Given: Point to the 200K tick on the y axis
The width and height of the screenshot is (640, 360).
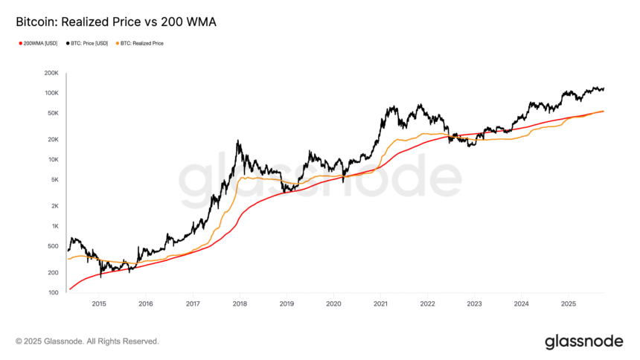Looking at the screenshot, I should point(51,74).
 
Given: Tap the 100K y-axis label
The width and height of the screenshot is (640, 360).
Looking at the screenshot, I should point(51,93).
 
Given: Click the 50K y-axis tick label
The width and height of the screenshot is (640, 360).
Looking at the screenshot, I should point(53,113).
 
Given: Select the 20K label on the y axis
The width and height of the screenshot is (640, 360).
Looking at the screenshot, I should point(53,140).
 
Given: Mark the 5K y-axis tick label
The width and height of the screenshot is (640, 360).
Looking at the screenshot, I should point(54,179).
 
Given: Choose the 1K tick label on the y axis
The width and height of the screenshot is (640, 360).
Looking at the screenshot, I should point(54,226).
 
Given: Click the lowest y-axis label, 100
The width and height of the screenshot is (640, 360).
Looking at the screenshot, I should point(54,292).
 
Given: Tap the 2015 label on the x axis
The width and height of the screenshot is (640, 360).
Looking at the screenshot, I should point(98,303).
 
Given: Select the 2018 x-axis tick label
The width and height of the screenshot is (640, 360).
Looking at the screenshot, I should point(240,303).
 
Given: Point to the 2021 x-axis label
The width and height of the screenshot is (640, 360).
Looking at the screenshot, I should point(380,303).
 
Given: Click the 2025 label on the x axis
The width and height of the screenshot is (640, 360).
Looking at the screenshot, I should point(569,303).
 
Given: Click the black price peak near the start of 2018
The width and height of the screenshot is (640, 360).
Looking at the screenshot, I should point(237,141).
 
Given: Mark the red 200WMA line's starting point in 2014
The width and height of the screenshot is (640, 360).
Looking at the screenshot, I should point(70,289).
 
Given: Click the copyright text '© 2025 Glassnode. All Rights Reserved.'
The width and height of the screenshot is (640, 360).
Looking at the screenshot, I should point(87,341).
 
